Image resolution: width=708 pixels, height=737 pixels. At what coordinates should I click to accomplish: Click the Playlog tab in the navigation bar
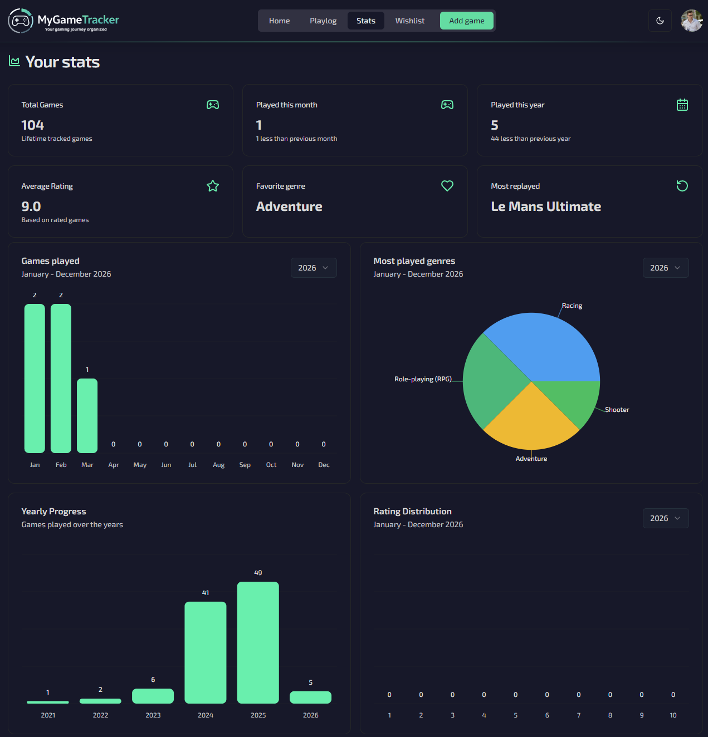tap(323, 21)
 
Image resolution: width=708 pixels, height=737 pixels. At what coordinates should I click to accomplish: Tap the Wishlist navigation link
tap(409, 21)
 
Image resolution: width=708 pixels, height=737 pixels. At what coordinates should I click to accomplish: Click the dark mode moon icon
tap(660, 21)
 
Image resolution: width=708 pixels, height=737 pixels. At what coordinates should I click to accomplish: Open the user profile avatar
tap(691, 21)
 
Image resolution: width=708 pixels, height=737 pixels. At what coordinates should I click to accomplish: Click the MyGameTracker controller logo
tap(21, 21)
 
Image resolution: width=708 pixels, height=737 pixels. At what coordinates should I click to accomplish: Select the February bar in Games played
tap(61, 379)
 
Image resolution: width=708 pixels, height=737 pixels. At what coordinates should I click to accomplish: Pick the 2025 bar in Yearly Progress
tap(258, 642)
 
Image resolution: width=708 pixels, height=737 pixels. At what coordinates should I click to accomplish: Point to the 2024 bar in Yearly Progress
tap(206, 652)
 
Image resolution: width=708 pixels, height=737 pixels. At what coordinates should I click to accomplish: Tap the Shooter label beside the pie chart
tap(617, 410)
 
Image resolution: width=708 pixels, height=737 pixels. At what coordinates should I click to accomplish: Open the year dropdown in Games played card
tap(314, 268)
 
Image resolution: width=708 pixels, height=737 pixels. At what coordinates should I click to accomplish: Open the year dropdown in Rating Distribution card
tap(666, 518)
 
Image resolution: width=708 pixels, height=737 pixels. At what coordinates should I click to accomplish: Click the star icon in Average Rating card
tap(213, 186)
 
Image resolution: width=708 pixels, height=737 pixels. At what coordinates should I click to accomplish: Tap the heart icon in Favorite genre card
tap(447, 186)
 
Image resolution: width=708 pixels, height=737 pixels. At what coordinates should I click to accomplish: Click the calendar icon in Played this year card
tap(682, 105)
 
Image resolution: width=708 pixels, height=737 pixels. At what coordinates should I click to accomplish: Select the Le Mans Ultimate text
tap(546, 207)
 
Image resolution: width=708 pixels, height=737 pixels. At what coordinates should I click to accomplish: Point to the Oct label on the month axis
tap(271, 465)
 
